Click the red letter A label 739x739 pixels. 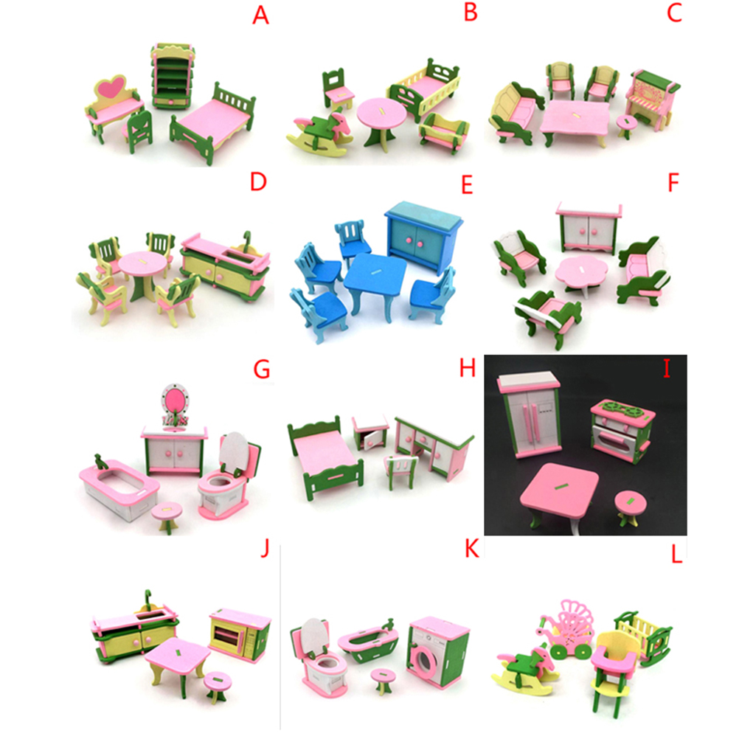pyautogui.click(x=260, y=15)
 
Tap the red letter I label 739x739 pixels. pyautogui.click(x=667, y=369)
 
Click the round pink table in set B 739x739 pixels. pyautogui.click(x=381, y=123)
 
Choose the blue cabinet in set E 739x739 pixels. pyautogui.click(x=423, y=236)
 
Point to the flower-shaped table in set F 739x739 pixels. pyautogui.click(x=580, y=274)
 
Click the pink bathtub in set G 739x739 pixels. pyautogui.click(x=119, y=488)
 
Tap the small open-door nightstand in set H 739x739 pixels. pyautogui.click(x=371, y=433)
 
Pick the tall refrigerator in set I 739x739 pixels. pyautogui.click(x=530, y=414)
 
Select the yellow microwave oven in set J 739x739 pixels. pyautogui.click(x=240, y=634)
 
